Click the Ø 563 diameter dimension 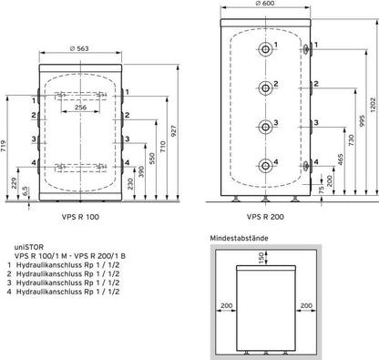(79, 48)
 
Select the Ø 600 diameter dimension (265, 4)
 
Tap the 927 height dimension (173, 131)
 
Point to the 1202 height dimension (374, 105)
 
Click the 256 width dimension (80, 108)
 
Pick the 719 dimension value (3, 146)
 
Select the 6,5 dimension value (26, 190)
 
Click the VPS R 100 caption (80, 217)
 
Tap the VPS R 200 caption (265, 217)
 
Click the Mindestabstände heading (239, 238)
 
